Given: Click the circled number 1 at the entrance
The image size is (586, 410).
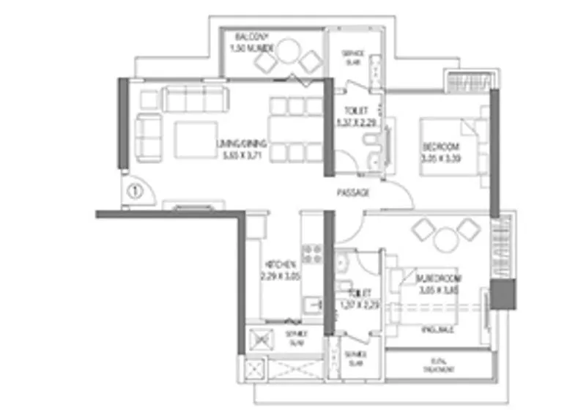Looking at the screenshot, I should tap(134, 193).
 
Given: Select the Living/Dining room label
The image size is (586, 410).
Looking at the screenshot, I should tap(242, 149).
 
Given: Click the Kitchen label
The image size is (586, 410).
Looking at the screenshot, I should tap(281, 269).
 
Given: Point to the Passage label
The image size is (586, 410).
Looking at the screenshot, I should tap(352, 193).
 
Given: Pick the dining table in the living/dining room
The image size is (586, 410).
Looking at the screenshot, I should tap(296, 130).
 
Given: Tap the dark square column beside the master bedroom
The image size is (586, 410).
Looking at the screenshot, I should tap(504, 294).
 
